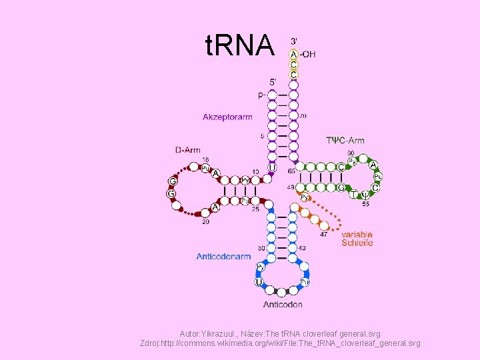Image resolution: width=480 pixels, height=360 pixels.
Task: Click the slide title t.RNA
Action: tap(240, 45)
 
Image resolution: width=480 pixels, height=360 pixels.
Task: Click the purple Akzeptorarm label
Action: tap(227, 117)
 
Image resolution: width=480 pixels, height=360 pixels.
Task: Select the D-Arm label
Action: tap(188, 150)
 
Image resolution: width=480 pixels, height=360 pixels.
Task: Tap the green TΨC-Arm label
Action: tap(345, 141)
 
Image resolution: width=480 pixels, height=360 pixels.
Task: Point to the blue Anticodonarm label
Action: tap(223, 256)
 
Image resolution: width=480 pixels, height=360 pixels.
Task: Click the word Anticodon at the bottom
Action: tap(283, 305)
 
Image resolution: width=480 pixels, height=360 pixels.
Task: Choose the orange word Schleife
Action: tap(357, 243)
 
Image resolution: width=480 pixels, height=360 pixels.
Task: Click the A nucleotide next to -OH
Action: tap(293, 54)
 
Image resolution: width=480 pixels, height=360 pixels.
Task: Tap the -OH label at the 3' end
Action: tap(308, 54)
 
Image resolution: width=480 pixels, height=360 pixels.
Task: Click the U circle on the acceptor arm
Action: tap(272, 167)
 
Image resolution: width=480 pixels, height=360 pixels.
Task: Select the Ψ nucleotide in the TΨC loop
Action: tap(365, 195)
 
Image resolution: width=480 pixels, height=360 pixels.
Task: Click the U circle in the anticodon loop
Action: tap(259, 282)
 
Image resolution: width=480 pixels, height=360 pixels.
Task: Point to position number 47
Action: tap(323, 234)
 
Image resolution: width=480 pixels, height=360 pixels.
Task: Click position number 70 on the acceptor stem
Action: tap(303, 116)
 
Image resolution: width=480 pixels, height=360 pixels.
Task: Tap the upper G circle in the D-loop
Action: tap(173, 181)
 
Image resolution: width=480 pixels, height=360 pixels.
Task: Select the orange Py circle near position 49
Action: tap(304, 197)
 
